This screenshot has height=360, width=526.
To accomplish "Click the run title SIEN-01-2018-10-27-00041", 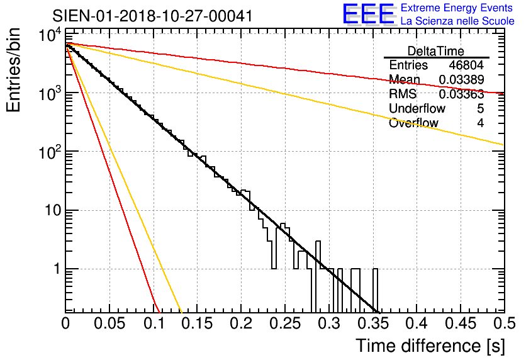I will pyautogui.click(x=153, y=16).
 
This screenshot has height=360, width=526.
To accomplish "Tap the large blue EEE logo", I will pyautogui.click(x=368, y=15).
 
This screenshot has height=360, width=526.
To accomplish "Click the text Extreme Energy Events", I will pyautogui.click(x=457, y=8).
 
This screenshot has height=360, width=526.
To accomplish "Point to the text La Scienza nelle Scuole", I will pyautogui.click(x=457, y=21).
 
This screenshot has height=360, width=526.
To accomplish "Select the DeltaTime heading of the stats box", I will pyautogui.click(x=436, y=51).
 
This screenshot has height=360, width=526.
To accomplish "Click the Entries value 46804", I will pyautogui.click(x=466, y=65).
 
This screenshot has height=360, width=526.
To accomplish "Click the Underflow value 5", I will pyautogui.click(x=480, y=109).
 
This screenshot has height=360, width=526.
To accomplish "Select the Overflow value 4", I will pyautogui.click(x=480, y=123).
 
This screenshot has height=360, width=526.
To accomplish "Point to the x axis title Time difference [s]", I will pyautogui.click(x=429, y=346).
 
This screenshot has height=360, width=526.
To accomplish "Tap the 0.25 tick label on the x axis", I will pyautogui.click(x=285, y=323).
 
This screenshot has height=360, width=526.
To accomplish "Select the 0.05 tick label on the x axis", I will pyautogui.click(x=109, y=323).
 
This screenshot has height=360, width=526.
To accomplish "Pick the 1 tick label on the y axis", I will pyautogui.click(x=55, y=269).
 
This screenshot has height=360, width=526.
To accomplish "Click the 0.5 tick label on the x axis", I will pyautogui.click(x=501, y=323).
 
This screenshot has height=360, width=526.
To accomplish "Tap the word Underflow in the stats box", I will pyautogui.click(x=414, y=109).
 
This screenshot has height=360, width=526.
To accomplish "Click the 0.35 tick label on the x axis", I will pyautogui.click(x=372, y=323).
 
